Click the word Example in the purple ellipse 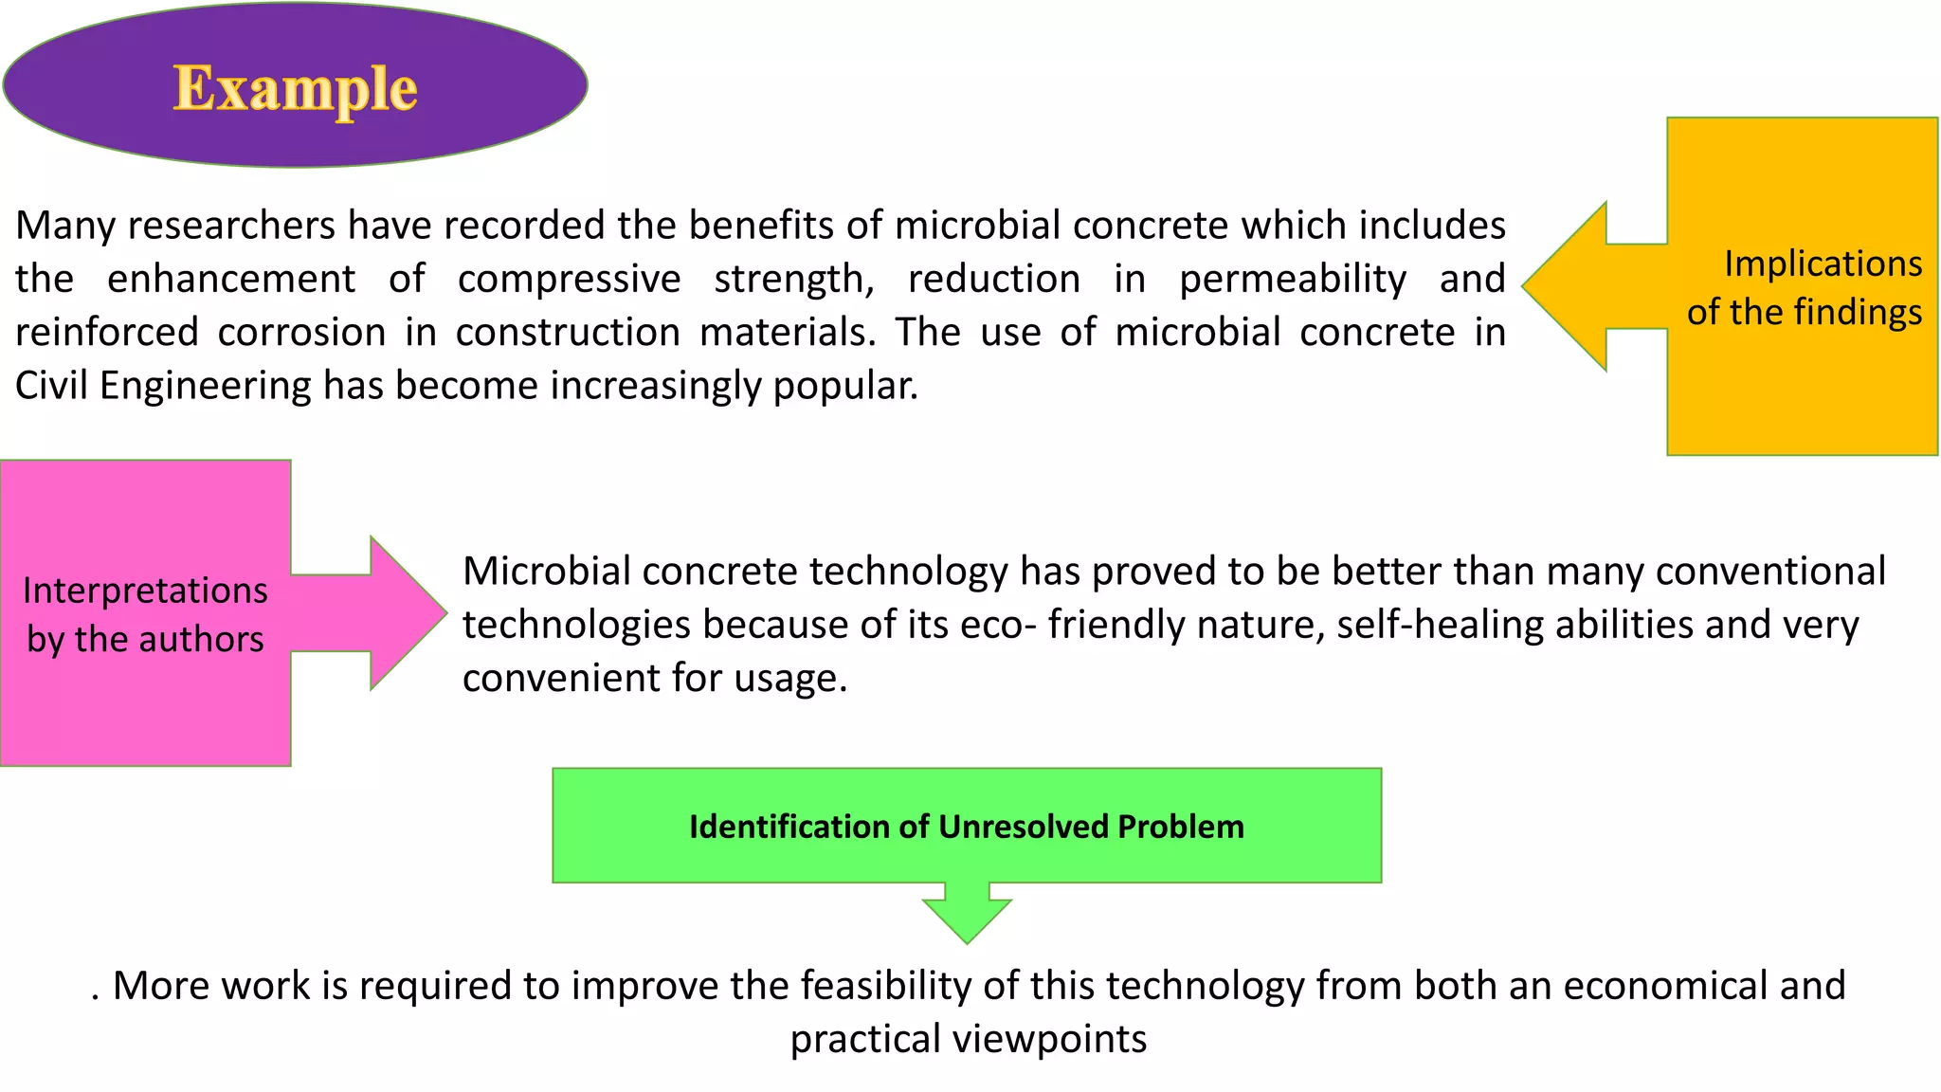[x=295, y=88]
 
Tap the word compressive [x=569, y=279]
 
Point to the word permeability [x=1293, y=279]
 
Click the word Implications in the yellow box [x=1823, y=264]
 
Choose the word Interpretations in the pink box [x=145, y=591]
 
